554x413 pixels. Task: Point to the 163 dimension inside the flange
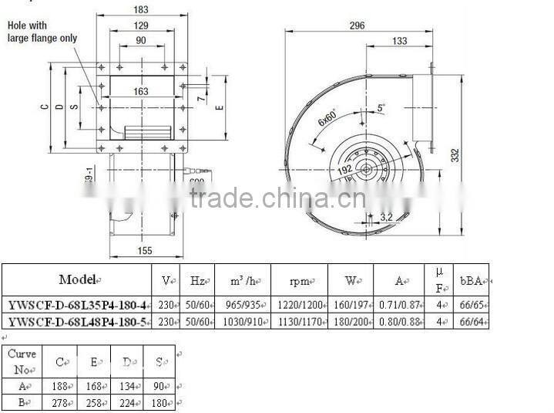tap(141, 91)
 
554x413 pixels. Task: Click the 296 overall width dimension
tap(356, 25)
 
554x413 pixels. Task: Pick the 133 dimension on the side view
tap(399, 40)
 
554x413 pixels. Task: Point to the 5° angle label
tap(381, 109)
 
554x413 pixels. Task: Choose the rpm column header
tap(299, 280)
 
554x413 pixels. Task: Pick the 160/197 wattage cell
tap(350, 304)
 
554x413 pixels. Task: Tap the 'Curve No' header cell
tap(22, 358)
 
